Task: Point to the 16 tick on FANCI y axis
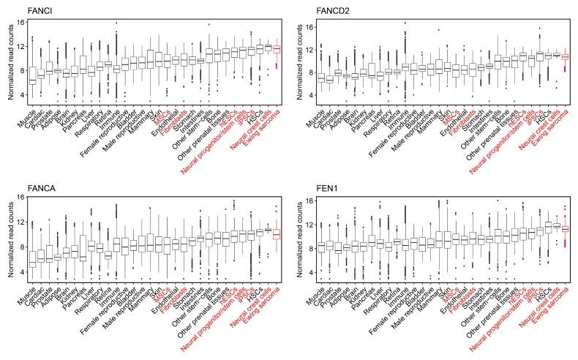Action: pos(22,22)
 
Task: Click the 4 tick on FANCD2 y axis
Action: pos(316,95)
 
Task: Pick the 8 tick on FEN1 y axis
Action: pos(316,248)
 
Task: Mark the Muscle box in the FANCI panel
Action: pos(32,74)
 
